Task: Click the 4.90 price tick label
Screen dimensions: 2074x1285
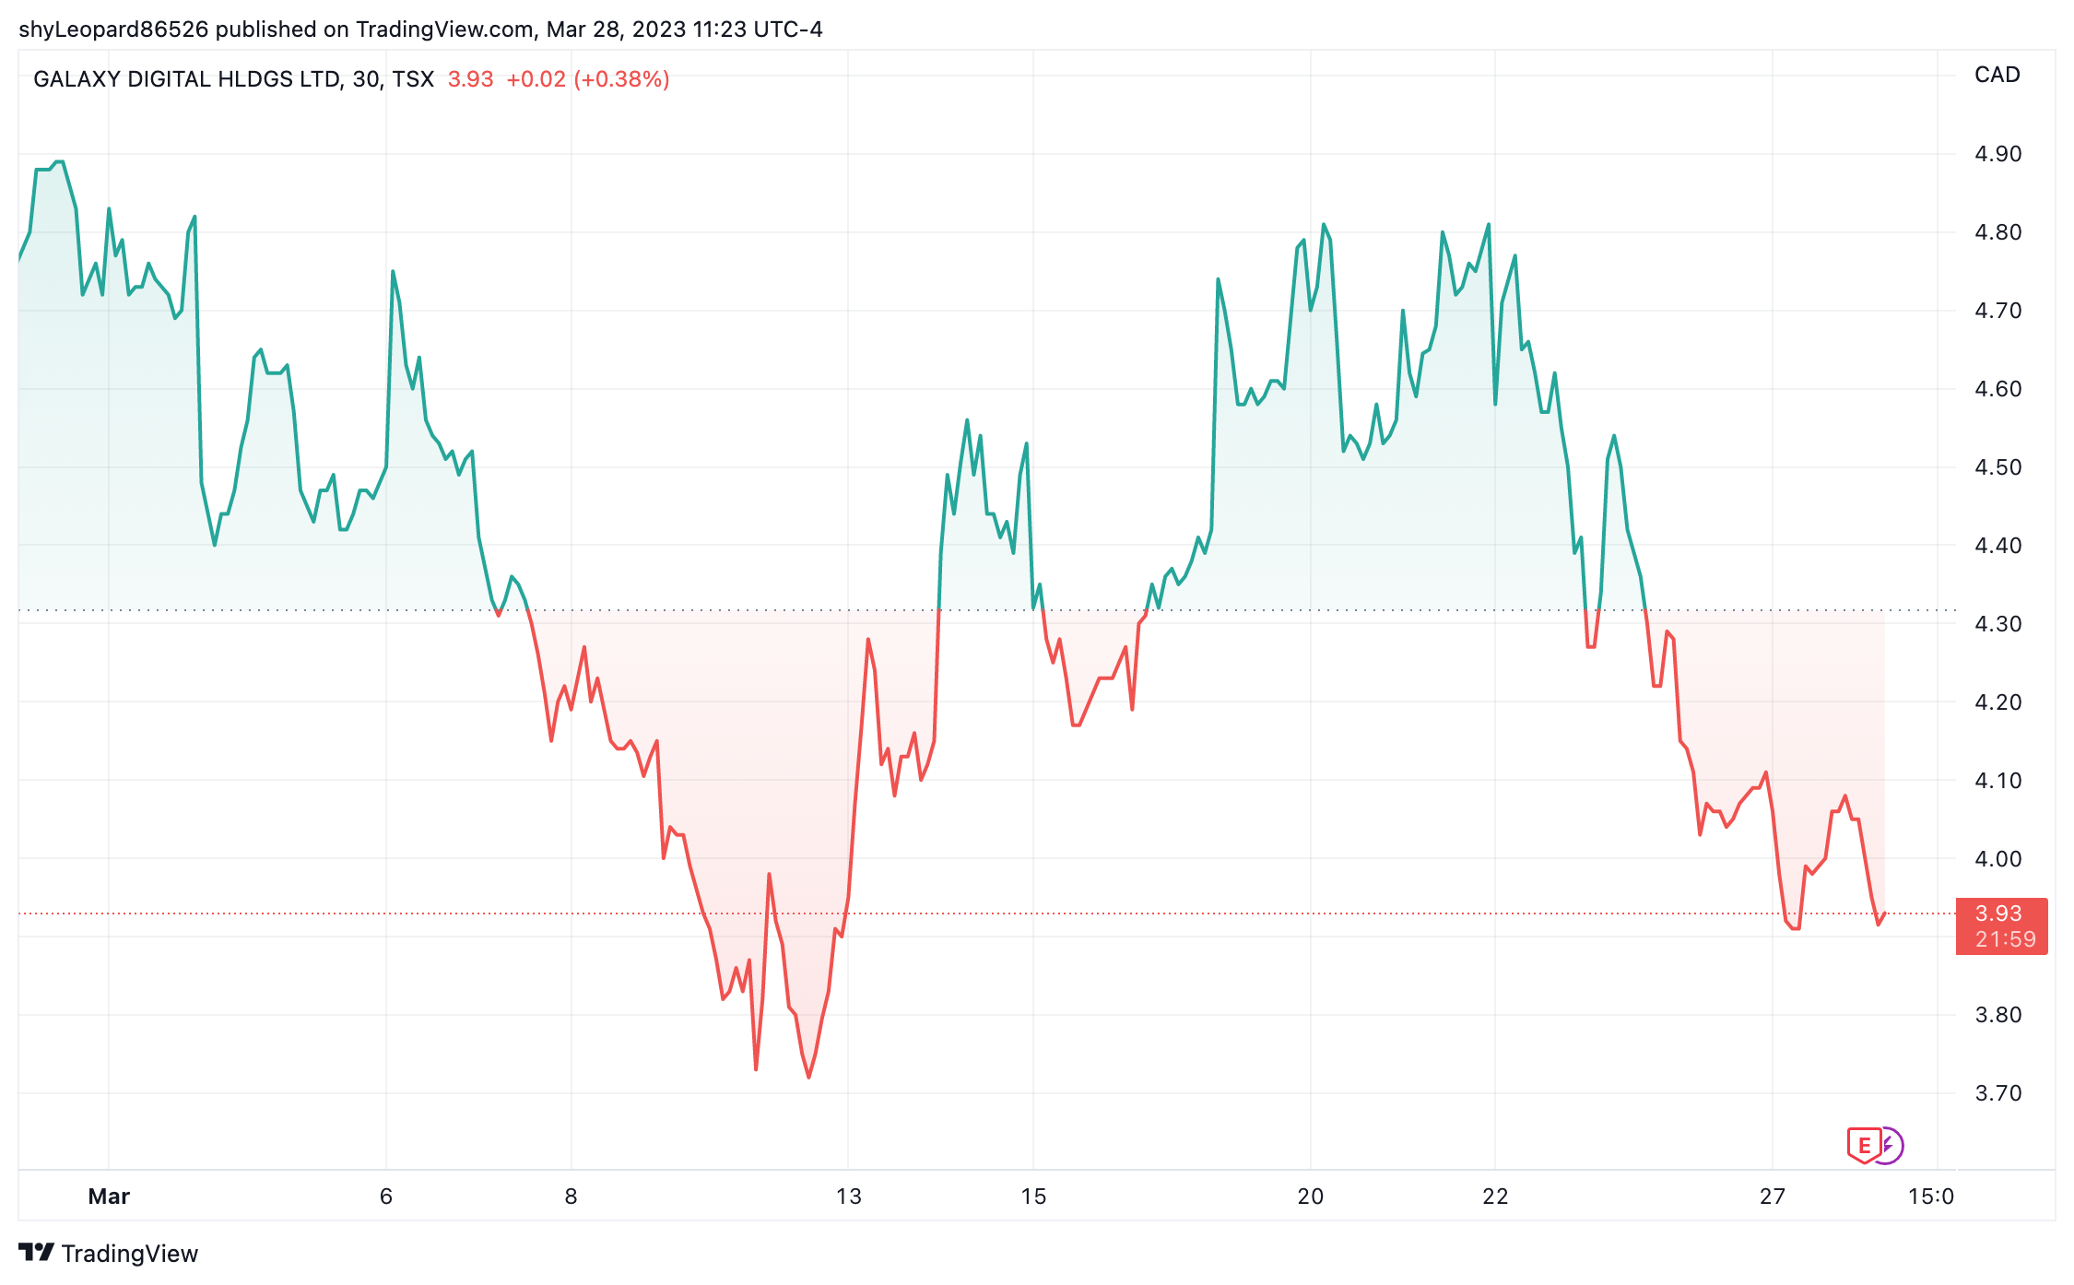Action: (1997, 154)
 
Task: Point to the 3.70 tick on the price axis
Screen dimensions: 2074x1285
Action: (1997, 1093)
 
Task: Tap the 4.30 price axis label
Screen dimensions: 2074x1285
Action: (1997, 624)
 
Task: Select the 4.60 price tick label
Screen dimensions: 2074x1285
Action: (1997, 389)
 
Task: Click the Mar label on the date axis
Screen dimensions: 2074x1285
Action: (109, 1197)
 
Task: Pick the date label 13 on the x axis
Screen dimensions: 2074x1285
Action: (848, 1197)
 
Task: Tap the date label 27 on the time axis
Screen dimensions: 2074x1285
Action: (1773, 1197)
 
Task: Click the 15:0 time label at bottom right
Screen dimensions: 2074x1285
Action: (1931, 1197)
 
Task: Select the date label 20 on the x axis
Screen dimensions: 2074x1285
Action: (1310, 1197)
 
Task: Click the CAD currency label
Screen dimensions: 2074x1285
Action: (1997, 75)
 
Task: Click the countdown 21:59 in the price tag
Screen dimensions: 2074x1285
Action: (2006, 939)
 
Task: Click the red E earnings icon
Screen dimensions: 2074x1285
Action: (1864, 1146)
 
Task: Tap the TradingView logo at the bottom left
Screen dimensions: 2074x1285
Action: (109, 1254)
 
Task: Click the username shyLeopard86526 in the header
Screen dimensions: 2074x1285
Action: (113, 29)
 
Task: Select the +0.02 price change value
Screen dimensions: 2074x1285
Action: (536, 79)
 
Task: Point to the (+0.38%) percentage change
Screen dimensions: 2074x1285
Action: (621, 79)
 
